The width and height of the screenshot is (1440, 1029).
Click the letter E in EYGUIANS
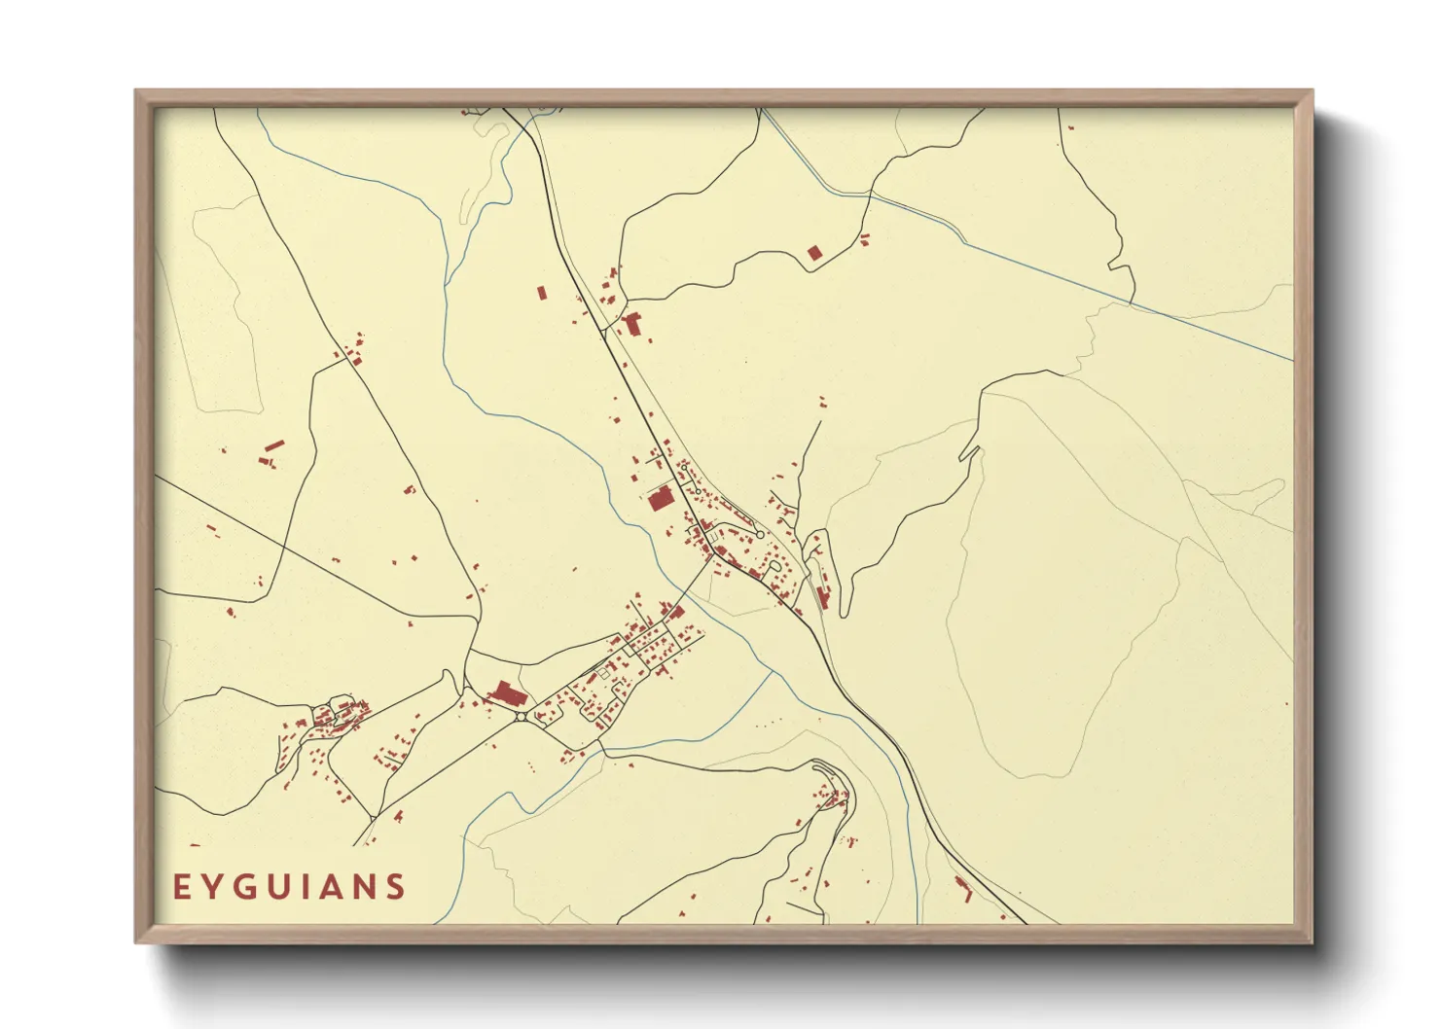181,887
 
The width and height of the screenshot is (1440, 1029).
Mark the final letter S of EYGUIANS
396,887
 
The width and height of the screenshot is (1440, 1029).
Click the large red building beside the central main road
661,500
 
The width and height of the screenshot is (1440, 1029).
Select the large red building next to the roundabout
506,694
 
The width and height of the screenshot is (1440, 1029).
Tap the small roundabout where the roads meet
522,717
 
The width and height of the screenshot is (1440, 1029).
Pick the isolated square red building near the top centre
814,253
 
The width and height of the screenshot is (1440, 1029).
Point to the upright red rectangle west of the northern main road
542,291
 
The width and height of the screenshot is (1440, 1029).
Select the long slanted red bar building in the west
274,446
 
